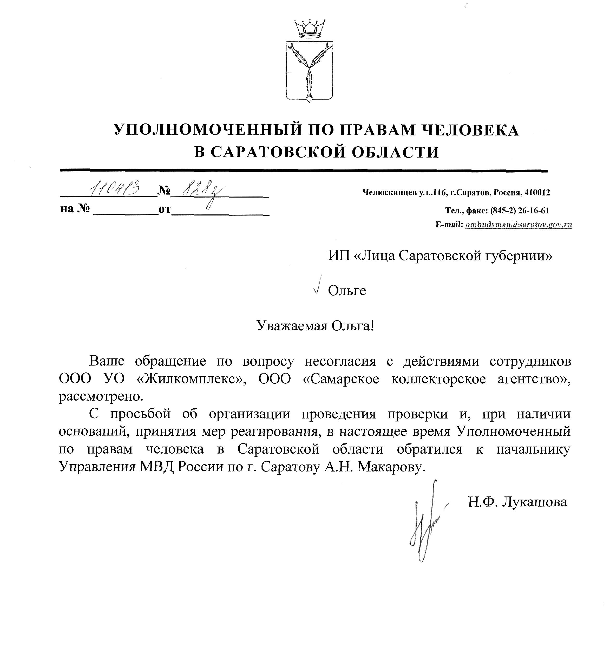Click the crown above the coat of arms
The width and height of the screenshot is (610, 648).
click(310, 28)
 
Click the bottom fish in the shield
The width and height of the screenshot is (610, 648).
click(309, 84)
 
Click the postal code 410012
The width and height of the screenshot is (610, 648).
click(537, 193)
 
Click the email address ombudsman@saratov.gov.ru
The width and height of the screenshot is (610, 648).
click(519, 225)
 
